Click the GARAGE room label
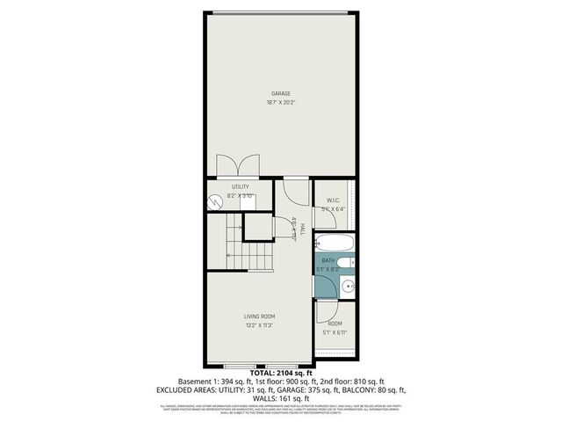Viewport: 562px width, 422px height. [x=281, y=94]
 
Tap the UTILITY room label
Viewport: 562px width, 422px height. [x=240, y=186]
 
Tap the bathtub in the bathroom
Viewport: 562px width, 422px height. [x=334, y=243]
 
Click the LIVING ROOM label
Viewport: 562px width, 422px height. [x=259, y=316]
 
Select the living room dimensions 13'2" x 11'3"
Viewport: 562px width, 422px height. [x=259, y=325]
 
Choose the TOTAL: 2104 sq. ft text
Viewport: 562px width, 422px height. [x=281, y=373]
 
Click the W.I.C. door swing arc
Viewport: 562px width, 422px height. [x=322, y=188]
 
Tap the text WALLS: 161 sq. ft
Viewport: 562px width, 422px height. [x=281, y=397]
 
